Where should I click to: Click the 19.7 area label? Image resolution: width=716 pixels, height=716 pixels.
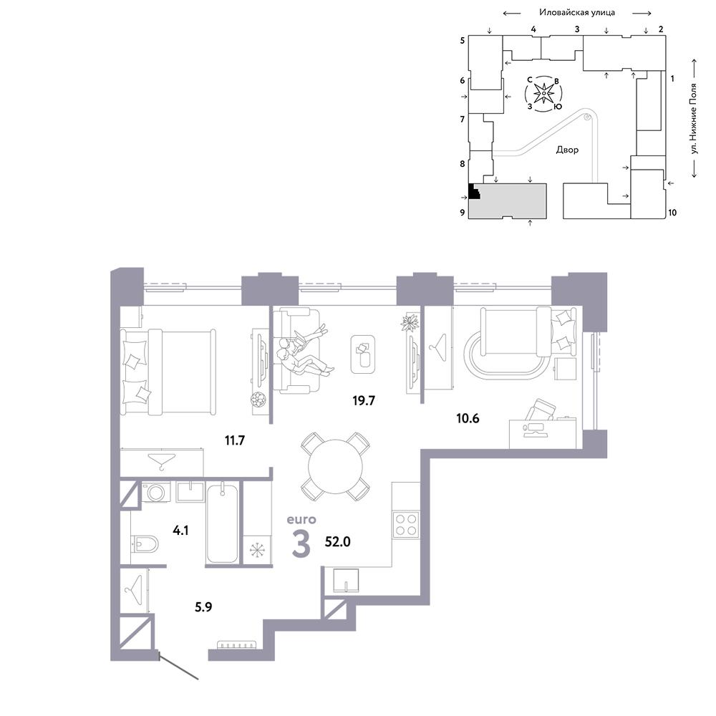pyautogui.click(x=364, y=400)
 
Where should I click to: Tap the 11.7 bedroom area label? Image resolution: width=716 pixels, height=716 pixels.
pyautogui.click(x=235, y=440)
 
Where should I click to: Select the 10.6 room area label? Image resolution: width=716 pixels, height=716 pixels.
pyautogui.click(x=468, y=418)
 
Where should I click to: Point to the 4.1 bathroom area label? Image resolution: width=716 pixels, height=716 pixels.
pyautogui.click(x=180, y=530)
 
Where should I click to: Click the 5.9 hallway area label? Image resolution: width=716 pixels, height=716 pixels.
pyautogui.click(x=203, y=607)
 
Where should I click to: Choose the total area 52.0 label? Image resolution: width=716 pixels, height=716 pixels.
pyautogui.click(x=337, y=541)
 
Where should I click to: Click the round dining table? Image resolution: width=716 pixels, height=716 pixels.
pyautogui.click(x=335, y=466)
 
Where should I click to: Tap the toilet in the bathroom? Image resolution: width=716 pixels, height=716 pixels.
pyautogui.click(x=145, y=543)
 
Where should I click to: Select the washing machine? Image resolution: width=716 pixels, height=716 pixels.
pyautogui.click(x=155, y=492)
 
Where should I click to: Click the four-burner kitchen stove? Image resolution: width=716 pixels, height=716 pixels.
pyautogui.click(x=406, y=525)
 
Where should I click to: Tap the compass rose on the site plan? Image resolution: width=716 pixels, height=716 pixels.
pyautogui.click(x=544, y=94)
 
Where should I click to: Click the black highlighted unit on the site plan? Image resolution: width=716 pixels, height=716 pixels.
pyautogui.click(x=475, y=191)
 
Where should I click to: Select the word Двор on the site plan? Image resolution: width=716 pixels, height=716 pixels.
pyautogui.click(x=567, y=150)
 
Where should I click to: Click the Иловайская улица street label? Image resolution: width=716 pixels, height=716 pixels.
pyautogui.click(x=576, y=12)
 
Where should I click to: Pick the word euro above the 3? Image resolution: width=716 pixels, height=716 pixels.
pyautogui.click(x=301, y=520)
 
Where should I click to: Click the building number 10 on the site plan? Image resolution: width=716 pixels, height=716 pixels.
pyautogui.click(x=672, y=213)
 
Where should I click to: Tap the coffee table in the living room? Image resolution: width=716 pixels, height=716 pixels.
pyautogui.click(x=363, y=354)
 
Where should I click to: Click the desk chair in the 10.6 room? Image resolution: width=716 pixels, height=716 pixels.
pyautogui.click(x=540, y=410)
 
